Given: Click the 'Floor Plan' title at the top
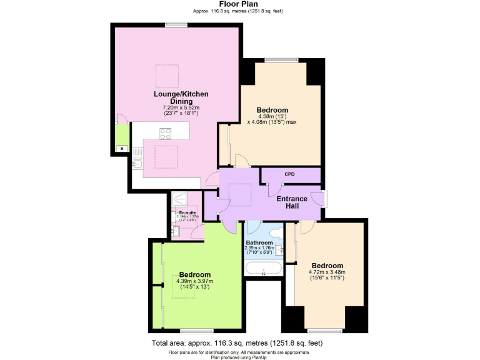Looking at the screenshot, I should [240, 4].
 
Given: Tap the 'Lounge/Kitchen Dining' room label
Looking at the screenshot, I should [181, 97].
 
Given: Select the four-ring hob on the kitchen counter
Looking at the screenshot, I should [166, 132].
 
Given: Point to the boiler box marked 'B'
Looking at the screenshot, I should [120, 148].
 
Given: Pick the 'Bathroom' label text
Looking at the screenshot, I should [259, 242].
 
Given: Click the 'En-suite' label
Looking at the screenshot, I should [187, 213].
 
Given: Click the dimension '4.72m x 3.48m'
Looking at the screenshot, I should [327, 272].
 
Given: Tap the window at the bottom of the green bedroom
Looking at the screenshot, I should [197, 330].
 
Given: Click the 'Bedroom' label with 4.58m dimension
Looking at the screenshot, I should [272, 110].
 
